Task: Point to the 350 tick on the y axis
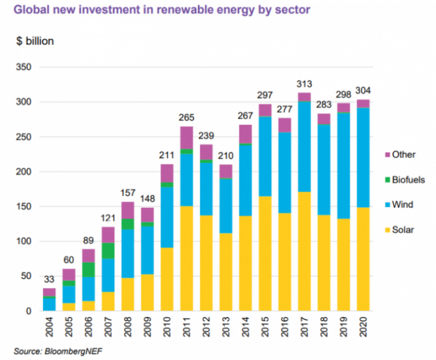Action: (25, 68)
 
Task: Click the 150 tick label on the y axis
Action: (25, 206)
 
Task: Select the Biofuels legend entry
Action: (408, 180)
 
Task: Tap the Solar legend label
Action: (403, 230)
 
